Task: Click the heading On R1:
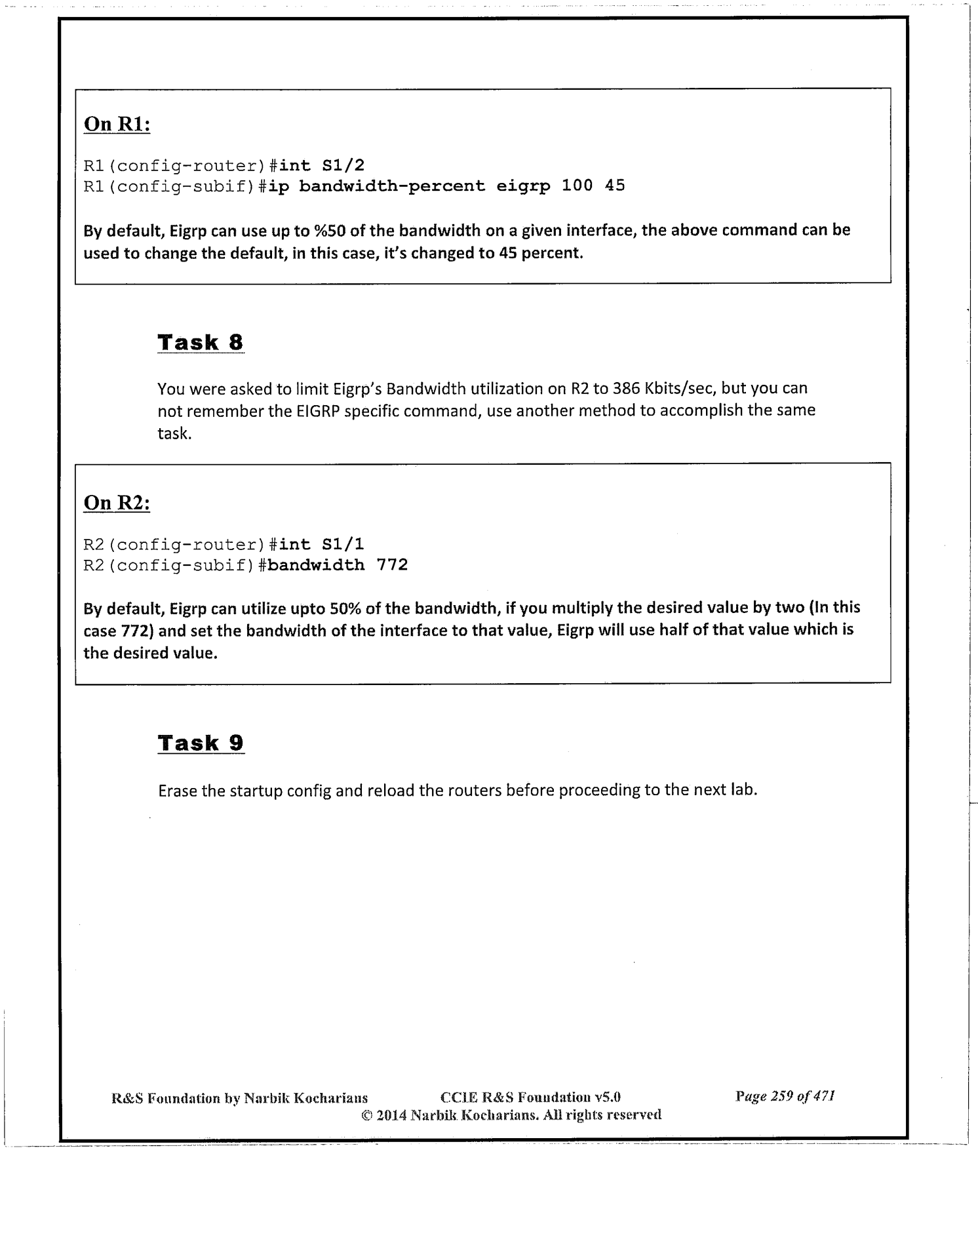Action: pos(117,125)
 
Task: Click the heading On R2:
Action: pos(117,503)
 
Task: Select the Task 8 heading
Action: pos(201,342)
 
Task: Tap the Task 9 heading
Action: pos(201,743)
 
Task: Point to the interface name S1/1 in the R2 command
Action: pos(343,544)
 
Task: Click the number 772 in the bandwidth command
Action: pos(392,565)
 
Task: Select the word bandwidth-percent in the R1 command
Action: pos(392,186)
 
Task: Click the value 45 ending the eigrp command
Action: pos(615,186)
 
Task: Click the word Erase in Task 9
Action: pos(178,790)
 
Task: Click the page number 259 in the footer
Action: pos(783,1095)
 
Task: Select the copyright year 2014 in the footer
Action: pos(392,1115)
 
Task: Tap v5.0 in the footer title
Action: pos(606,1097)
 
